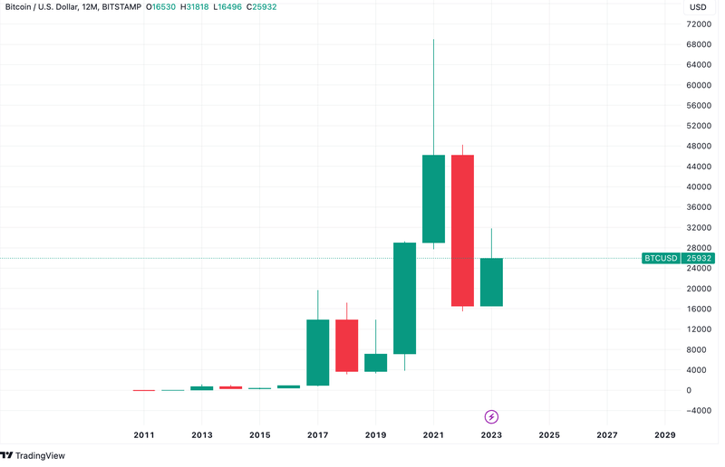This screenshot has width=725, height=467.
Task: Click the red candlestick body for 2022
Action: pyautogui.click(x=462, y=231)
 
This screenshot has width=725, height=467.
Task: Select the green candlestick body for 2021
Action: pyautogui.click(x=433, y=199)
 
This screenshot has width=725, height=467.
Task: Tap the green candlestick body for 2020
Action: pyautogui.click(x=404, y=298)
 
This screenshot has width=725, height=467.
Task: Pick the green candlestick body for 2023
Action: pyautogui.click(x=491, y=282)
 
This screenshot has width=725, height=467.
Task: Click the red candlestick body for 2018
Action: pyautogui.click(x=346, y=346)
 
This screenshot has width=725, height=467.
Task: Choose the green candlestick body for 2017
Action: pyautogui.click(x=317, y=352)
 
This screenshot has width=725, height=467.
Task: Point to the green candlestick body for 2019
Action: pyautogui.click(x=375, y=362)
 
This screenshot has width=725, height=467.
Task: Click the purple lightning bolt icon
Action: pyautogui.click(x=491, y=416)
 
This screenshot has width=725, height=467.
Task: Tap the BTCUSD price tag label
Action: pyautogui.click(x=661, y=258)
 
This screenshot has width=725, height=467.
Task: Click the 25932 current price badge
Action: pyautogui.click(x=698, y=258)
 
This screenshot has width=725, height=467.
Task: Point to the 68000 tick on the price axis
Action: pyautogui.click(x=697, y=44)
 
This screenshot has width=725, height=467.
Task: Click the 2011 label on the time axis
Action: pyautogui.click(x=143, y=435)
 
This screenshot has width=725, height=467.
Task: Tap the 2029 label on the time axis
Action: pyautogui.click(x=665, y=435)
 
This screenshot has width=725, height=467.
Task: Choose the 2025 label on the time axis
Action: pyautogui.click(x=549, y=435)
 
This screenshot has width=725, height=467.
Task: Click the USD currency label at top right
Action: pyautogui.click(x=698, y=7)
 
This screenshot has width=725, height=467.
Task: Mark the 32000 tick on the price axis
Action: pyautogui.click(x=697, y=228)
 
